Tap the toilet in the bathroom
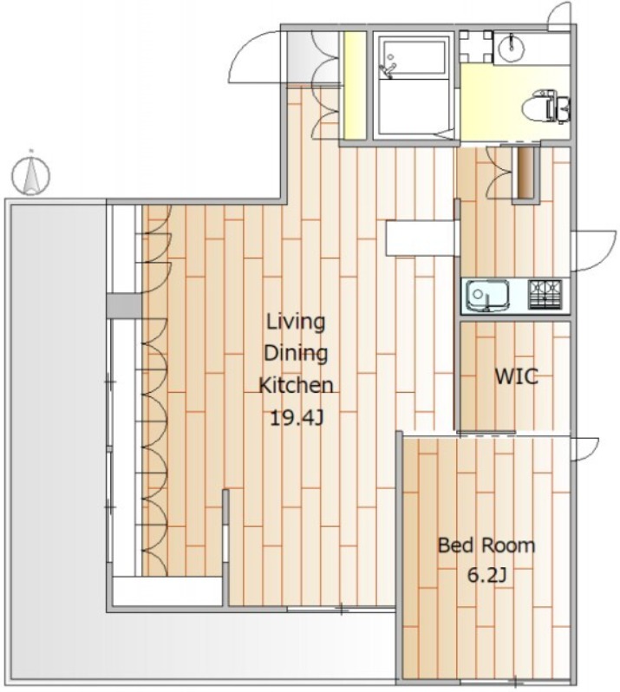click(546, 106)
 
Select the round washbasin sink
click(512, 46)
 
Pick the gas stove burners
click(545, 293)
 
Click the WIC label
click(516, 377)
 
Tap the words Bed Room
click(486, 545)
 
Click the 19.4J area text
click(297, 417)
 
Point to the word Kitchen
click(296, 385)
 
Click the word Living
click(296, 323)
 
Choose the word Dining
click(296, 354)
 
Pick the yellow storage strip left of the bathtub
click(356, 85)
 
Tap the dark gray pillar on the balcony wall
click(124, 306)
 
